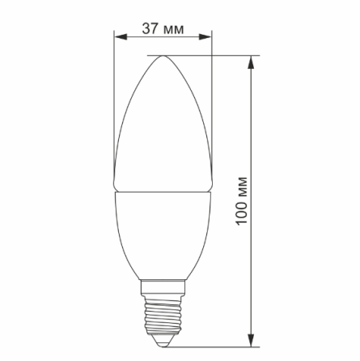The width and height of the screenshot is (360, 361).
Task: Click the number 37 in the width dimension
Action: click(x=150, y=28)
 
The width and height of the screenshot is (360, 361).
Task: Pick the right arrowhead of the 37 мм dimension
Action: click(x=206, y=37)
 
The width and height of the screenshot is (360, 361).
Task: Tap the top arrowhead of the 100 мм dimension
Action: click(x=253, y=62)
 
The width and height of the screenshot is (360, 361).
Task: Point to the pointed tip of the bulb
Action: click(x=163, y=57)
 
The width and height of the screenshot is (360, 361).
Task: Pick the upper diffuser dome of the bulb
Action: click(x=163, y=130)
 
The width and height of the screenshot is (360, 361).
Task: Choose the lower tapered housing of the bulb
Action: click(x=163, y=235)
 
